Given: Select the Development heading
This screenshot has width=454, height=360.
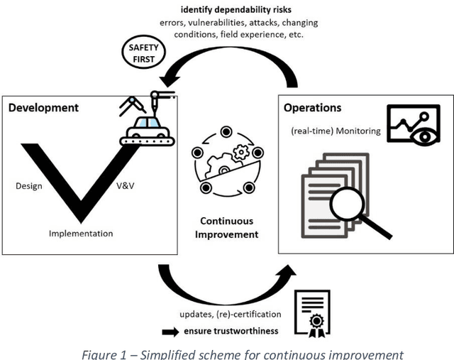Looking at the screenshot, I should [x=44, y=108].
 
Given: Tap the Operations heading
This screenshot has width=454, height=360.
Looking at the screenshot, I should [x=312, y=108].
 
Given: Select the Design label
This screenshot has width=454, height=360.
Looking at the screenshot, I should [x=29, y=186].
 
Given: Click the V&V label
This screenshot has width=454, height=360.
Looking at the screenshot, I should [x=126, y=186].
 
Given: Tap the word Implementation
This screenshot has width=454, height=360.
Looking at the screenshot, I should [x=80, y=233].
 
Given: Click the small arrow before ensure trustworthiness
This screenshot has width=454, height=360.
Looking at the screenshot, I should [x=170, y=331].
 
